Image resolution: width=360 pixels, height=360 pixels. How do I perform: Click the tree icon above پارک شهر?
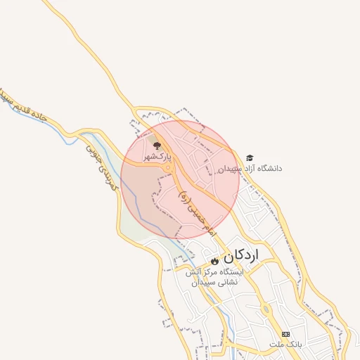click(x=156, y=146)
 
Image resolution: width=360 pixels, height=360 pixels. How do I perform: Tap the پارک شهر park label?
click(x=157, y=157)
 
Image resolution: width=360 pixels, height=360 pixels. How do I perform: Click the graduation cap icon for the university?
click(x=250, y=158)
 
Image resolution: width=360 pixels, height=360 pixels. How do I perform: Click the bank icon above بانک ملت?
click(x=285, y=333)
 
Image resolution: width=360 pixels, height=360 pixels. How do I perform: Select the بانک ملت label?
click(x=285, y=345)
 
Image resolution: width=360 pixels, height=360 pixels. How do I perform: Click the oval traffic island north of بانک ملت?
click(x=266, y=309)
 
